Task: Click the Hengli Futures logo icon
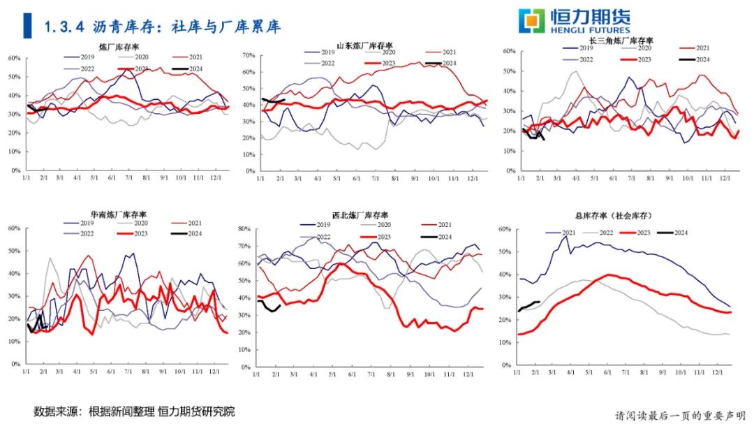(531, 21)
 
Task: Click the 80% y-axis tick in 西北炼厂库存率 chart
(244, 228)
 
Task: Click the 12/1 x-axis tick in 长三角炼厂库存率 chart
(725, 178)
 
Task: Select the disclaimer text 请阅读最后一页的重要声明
(680, 415)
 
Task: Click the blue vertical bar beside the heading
(27, 26)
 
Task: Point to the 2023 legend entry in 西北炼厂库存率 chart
(382, 237)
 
